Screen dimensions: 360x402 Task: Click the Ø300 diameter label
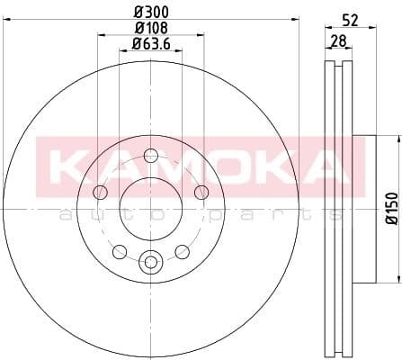click(150, 13)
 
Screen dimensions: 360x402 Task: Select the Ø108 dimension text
click(150, 28)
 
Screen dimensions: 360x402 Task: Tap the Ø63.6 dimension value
click(150, 43)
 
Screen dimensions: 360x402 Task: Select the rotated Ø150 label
click(391, 207)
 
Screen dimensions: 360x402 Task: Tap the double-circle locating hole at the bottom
click(150, 263)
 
